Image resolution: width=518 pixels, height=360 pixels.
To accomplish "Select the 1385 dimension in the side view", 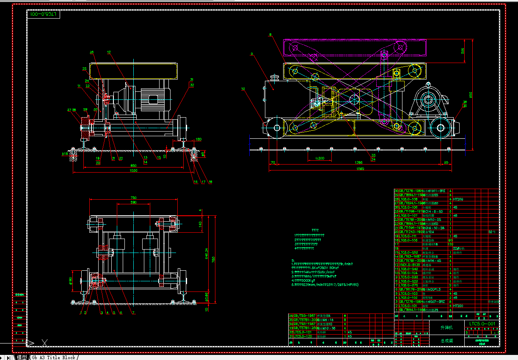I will click(x=358, y=162).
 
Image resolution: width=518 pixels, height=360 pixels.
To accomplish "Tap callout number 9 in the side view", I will click(x=251, y=54).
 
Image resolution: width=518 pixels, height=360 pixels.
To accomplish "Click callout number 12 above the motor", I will click(x=109, y=52).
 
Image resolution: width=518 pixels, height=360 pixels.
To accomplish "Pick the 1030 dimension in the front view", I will click(x=133, y=170).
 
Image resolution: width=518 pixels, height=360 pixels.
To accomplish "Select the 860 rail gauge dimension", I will click(x=133, y=165).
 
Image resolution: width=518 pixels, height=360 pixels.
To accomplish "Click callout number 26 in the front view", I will click(x=91, y=52).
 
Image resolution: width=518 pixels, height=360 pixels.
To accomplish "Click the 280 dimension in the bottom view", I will click(x=133, y=203).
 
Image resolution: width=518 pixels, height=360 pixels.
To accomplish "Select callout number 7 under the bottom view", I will click(x=133, y=313).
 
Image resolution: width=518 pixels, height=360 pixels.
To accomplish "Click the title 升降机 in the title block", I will click(x=446, y=327).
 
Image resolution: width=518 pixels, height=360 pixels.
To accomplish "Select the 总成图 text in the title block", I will click(x=446, y=340).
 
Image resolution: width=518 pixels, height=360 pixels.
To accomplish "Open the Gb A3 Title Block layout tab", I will click(x=53, y=357).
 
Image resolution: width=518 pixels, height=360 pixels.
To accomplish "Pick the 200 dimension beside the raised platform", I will click(x=463, y=50).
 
